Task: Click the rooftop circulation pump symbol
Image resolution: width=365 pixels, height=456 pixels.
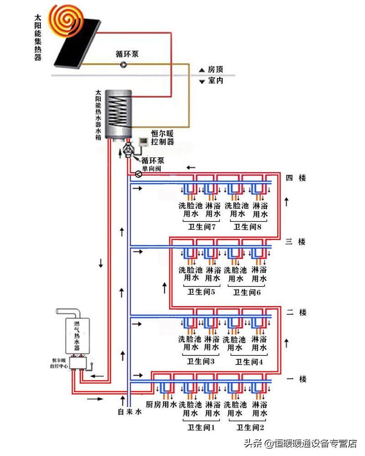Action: (x=123, y=65)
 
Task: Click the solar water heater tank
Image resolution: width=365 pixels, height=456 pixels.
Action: (x=118, y=113)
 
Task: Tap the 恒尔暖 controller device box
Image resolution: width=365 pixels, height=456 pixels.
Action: (x=142, y=143)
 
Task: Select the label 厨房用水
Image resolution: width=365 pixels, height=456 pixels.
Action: (x=161, y=404)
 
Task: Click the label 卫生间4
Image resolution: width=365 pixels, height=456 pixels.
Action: (x=249, y=362)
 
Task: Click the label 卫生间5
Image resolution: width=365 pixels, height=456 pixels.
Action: (x=201, y=292)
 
